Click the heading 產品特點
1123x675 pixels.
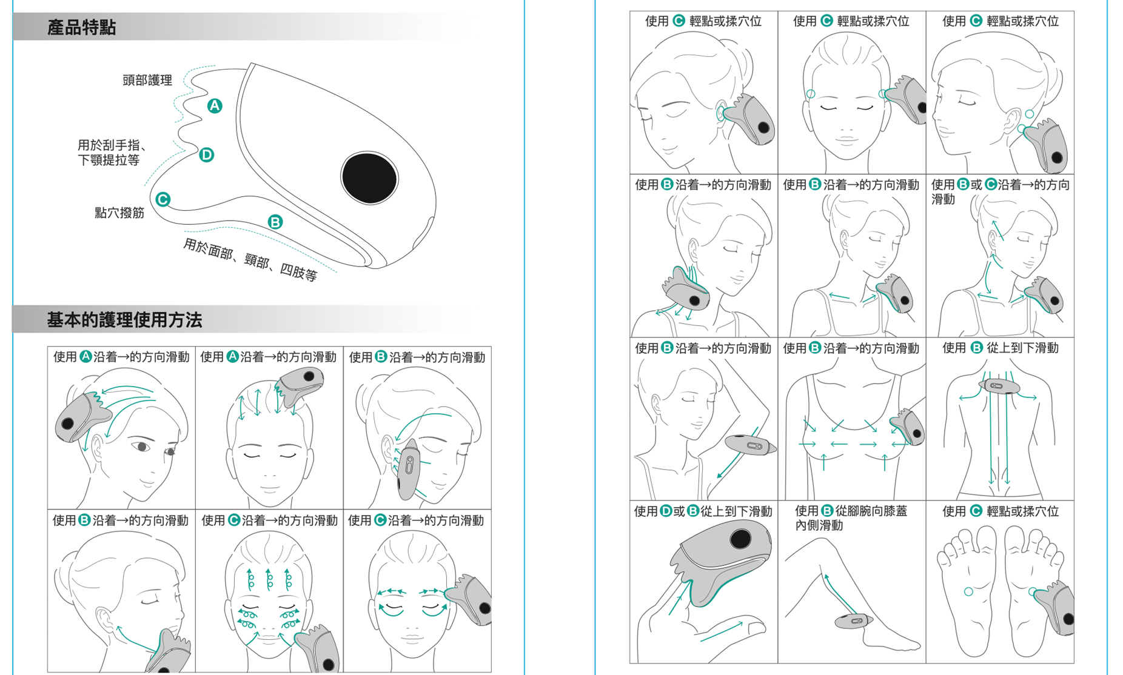point(81,28)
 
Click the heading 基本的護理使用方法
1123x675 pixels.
point(124,320)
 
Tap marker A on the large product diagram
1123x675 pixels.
point(215,106)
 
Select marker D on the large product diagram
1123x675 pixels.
point(207,155)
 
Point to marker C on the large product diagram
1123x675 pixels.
point(163,199)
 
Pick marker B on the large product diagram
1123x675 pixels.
point(275,222)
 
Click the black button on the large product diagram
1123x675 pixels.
point(369,178)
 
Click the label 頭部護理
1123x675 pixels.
point(147,80)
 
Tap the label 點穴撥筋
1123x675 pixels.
point(119,213)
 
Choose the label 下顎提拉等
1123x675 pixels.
point(109,160)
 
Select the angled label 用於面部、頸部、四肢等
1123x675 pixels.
point(250,260)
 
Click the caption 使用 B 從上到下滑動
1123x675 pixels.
point(1001,348)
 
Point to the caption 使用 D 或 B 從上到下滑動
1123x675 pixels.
point(703,511)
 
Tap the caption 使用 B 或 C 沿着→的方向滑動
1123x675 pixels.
point(1001,191)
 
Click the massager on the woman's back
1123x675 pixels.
point(999,386)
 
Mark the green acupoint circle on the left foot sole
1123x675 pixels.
point(968,591)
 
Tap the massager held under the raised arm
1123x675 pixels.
point(751,445)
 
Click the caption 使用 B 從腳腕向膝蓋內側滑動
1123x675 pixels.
point(851,518)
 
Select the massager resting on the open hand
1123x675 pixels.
point(722,560)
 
